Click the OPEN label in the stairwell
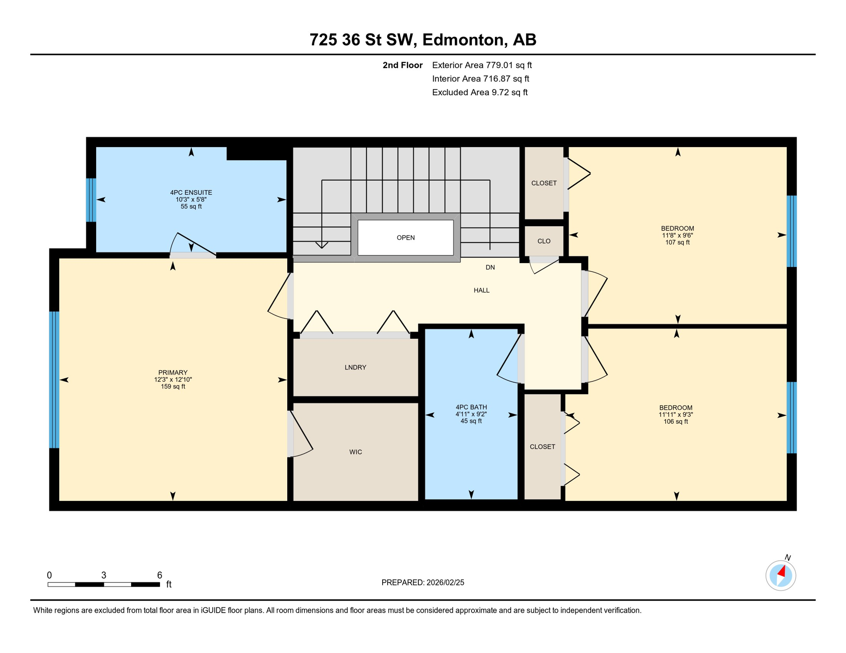click(x=406, y=238)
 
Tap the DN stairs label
click(x=490, y=267)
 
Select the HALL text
click(x=482, y=290)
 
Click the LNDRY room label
click(x=355, y=367)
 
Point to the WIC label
click(x=356, y=452)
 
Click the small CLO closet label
click(x=544, y=241)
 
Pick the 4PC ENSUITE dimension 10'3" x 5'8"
click(x=191, y=199)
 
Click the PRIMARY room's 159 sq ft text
click(x=173, y=386)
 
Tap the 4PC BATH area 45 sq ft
click(x=471, y=421)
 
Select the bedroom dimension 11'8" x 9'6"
click(x=677, y=235)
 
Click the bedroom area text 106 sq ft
click(x=676, y=422)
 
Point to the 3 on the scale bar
click(x=104, y=575)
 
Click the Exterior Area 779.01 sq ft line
click(x=482, y=65)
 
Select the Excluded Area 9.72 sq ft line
click(x=480, y=92)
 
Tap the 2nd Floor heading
click(x=402, y=65)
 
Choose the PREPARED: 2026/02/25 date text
click(x=423, y=582)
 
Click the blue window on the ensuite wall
click(x=91, y=200)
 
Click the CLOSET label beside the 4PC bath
click(x=542, y=447)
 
